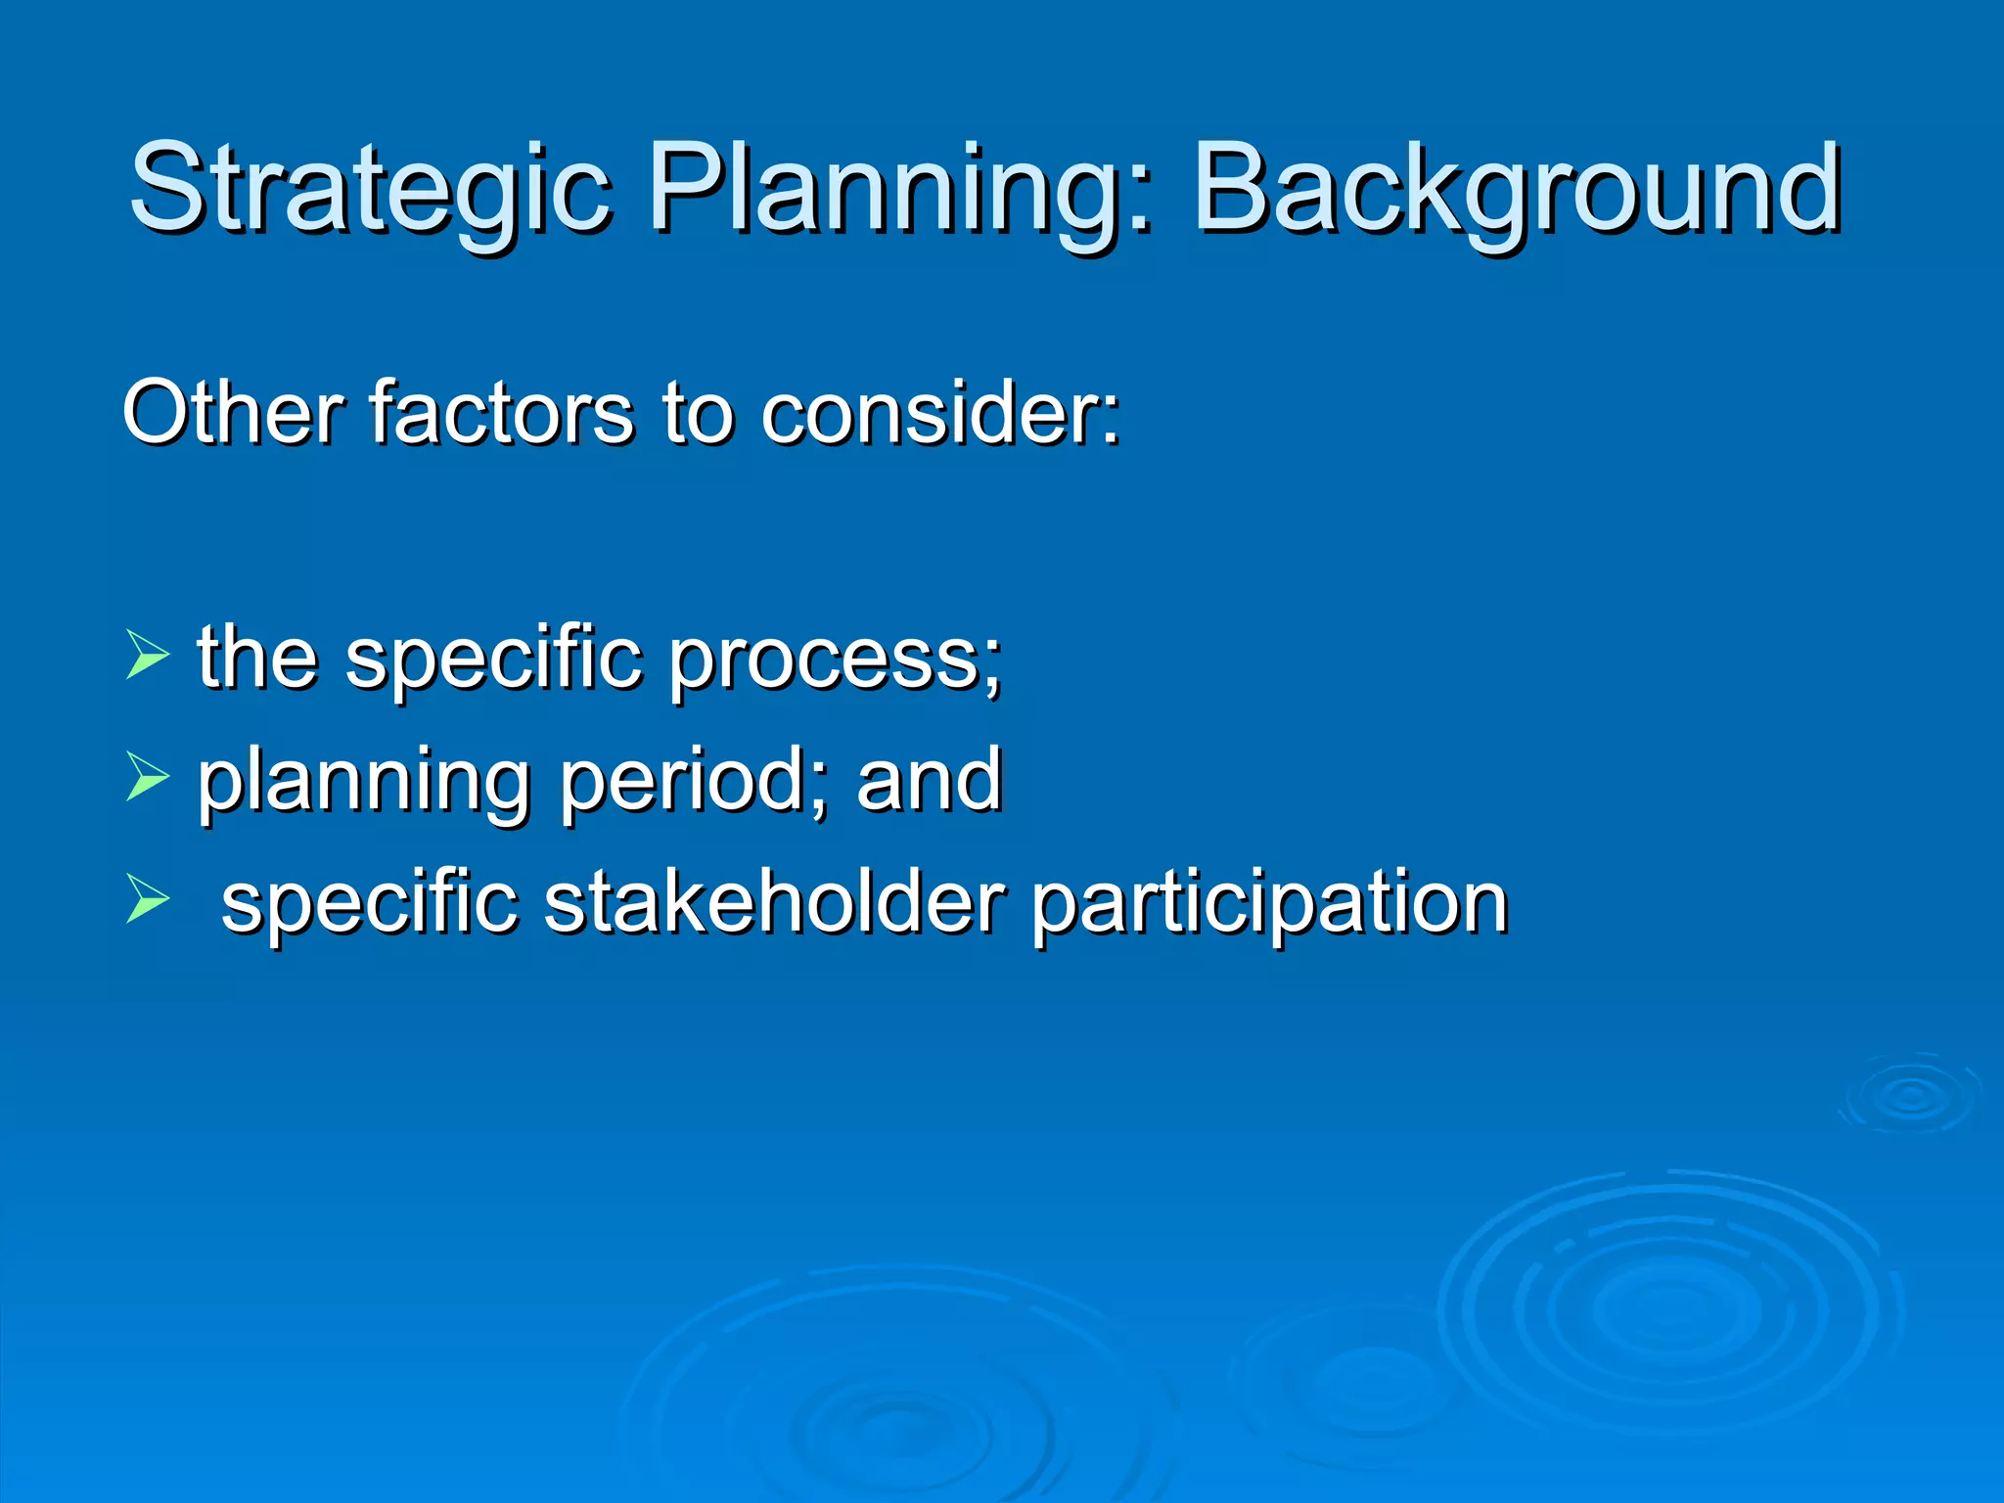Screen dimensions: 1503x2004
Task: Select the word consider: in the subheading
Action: (939, 413)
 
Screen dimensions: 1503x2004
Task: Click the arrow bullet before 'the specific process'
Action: (147, 656)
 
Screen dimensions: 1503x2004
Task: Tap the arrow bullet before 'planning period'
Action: (147, 778)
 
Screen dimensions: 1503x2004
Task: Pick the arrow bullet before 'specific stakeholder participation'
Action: (147, 900)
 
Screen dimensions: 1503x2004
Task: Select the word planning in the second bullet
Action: (363, 783)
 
